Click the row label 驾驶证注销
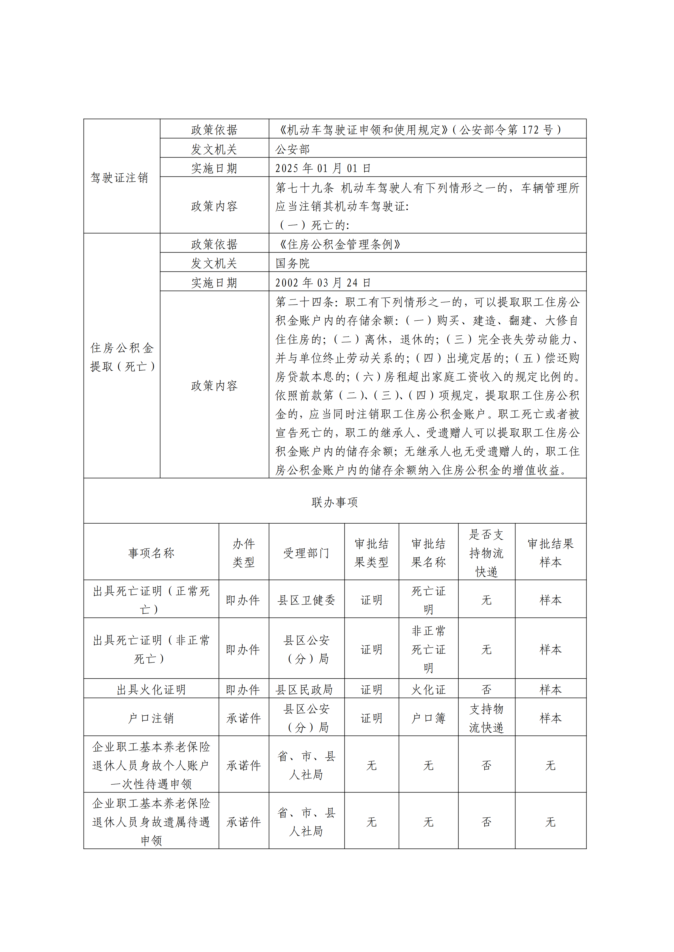point(119,178)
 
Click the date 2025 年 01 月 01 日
point(323,168)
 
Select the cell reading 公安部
point(293,149)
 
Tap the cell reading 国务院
point(293,263)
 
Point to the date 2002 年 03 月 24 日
point(323,283)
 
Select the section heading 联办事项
point(335,502)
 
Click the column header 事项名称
point(151,553)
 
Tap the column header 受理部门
point(306,553)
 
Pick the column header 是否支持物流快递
point(486,553)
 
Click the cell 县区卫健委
point(306,600)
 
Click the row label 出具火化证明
point(151,690)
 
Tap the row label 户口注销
point(151,718)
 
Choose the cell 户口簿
point(428,718)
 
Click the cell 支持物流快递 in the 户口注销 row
point(486,718)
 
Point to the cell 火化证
point(428,690)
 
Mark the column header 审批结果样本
point(550,553)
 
